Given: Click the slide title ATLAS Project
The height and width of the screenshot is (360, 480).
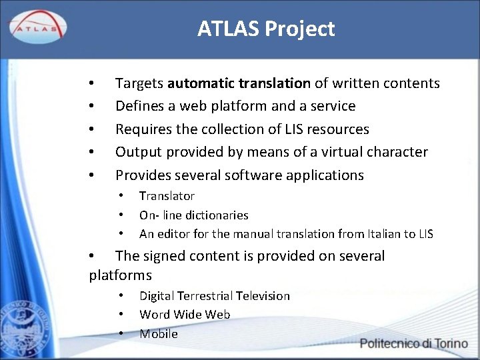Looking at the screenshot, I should tap(265, 29).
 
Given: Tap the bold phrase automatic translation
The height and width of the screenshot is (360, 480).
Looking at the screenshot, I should tap(239, 83).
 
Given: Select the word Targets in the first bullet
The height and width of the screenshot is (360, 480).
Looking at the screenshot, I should tap(139, 83).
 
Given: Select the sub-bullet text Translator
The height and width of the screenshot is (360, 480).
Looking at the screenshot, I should tap(167, 196).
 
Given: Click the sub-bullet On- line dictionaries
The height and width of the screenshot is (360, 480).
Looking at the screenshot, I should tap(193, 215).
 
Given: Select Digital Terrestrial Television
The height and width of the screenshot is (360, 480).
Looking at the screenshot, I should tap(214, 295).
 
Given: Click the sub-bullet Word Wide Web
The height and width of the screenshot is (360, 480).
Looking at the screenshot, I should tap(185, 314).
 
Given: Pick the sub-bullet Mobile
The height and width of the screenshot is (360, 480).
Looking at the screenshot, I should tap(159, 334).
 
